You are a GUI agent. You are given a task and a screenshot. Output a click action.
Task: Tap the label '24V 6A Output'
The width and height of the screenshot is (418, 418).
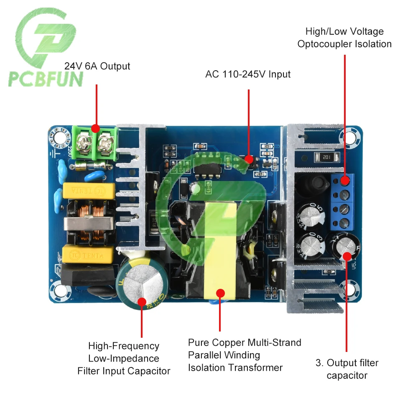(97, 66)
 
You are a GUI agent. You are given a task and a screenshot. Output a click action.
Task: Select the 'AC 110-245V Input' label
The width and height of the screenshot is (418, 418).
(248, 74)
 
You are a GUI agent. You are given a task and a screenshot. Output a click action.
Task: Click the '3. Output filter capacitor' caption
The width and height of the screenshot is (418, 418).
(347, 369)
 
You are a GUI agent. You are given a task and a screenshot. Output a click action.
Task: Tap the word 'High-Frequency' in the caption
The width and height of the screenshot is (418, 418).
(124, 346)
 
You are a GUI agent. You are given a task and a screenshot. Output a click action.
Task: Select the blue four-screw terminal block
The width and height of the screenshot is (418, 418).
(345, 202)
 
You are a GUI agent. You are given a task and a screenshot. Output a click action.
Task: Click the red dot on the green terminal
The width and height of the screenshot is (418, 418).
(96, 128)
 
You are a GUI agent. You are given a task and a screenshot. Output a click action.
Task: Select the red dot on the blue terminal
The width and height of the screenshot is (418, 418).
(345, 181)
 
